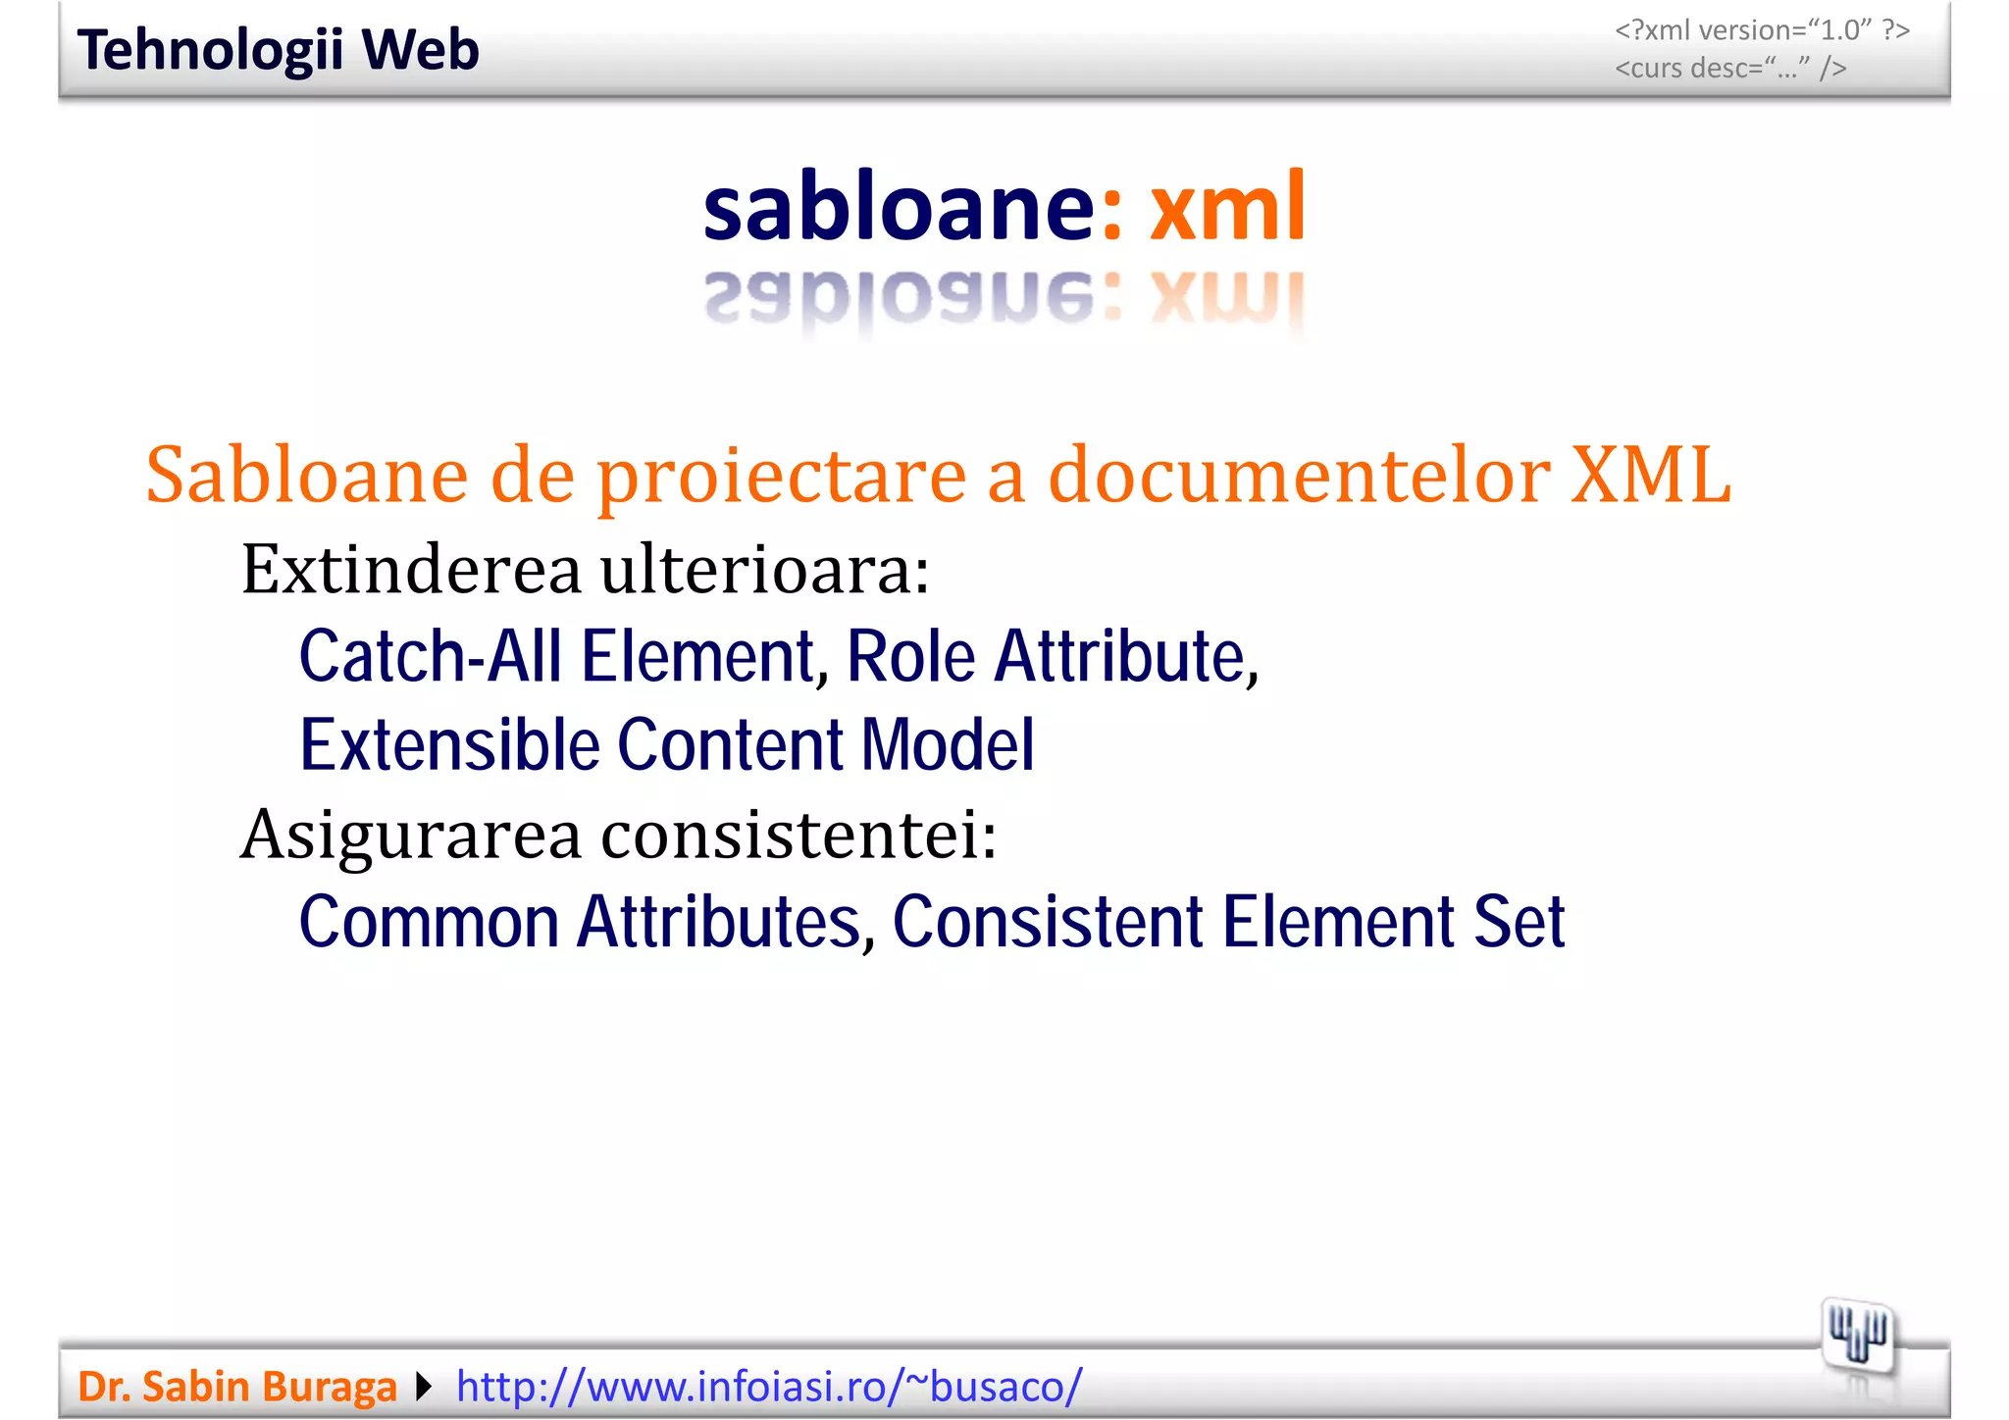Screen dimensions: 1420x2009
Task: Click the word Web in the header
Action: (420, 51)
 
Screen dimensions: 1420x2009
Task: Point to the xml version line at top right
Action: (1762, 30)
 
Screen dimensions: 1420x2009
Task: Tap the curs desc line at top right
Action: (1730, 69)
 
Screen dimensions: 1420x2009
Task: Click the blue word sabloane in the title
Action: (898, 207)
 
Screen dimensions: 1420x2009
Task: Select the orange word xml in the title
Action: (1227, 207)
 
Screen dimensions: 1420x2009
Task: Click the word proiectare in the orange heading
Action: (782, 476)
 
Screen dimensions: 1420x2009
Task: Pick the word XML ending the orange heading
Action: (1650, 476)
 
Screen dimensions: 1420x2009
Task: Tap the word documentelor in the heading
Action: (1299, 476)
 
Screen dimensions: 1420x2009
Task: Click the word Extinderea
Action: (411, 570)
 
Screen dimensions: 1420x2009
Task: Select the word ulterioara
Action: (765, 570)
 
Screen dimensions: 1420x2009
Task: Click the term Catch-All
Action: (431, 656)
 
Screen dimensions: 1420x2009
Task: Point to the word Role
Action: (910, 656)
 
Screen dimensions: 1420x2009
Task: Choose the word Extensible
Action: (449, 744)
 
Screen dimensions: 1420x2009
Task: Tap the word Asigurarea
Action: (411, 835)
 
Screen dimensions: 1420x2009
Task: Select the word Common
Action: (429, 922)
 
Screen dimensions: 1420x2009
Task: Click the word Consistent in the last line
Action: (1048, 922)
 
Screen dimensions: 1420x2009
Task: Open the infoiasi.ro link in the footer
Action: (769, 1387)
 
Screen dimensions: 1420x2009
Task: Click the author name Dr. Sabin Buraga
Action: (237, 1387)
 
